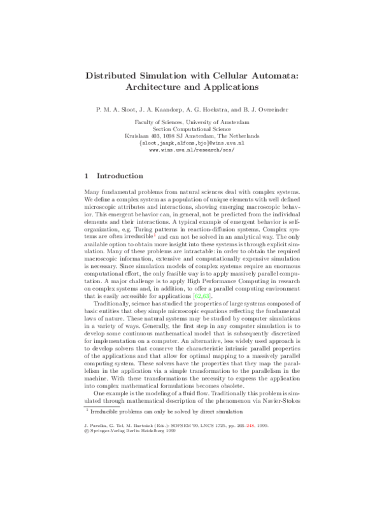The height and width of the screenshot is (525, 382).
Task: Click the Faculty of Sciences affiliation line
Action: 192,122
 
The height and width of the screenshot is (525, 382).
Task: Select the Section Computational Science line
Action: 192,129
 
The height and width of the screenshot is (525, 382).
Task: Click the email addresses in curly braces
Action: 192,143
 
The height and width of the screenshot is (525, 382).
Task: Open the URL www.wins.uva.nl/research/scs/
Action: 192,150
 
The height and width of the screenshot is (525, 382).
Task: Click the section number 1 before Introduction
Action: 87,176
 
